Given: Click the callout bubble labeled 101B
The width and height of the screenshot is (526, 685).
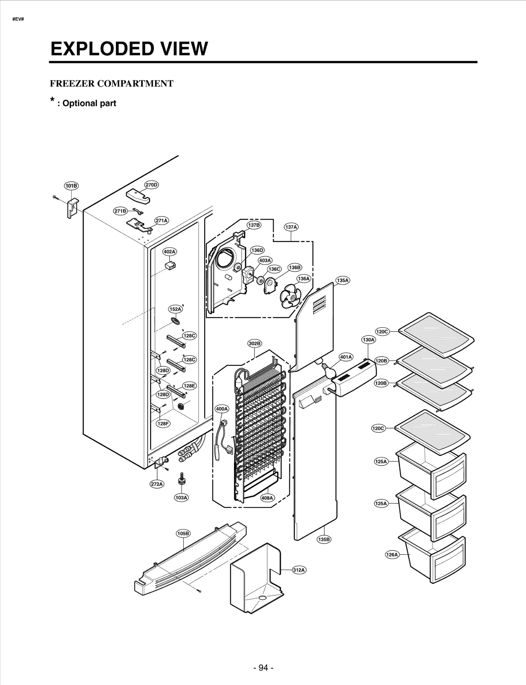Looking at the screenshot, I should [x=71, y=186].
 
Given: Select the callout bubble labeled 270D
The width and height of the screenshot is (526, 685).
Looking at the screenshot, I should [x=152, y=185].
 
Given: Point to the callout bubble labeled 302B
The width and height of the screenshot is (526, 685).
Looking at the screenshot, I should [x=254, y=343].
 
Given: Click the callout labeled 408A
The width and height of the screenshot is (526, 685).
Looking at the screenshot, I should [x=267, y=498].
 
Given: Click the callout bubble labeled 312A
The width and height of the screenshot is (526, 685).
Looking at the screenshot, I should [x=299, y=570].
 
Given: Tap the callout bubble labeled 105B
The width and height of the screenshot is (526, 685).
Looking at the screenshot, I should [x=183, y=533].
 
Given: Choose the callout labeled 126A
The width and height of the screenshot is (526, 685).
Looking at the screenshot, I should [x=392, y=555].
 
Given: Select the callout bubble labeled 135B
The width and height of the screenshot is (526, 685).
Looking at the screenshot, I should [x=324, y=539].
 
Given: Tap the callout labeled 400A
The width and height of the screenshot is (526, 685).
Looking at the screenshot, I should [x=222, y=409].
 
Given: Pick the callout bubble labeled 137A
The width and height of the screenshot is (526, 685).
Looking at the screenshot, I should [x=291, y=227].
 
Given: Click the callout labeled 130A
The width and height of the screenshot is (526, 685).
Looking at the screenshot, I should [x=369, y=340].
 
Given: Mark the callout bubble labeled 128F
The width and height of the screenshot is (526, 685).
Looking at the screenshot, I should [x=163, y=424].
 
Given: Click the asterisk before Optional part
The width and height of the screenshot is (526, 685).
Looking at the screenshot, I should [x=52, y=100].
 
